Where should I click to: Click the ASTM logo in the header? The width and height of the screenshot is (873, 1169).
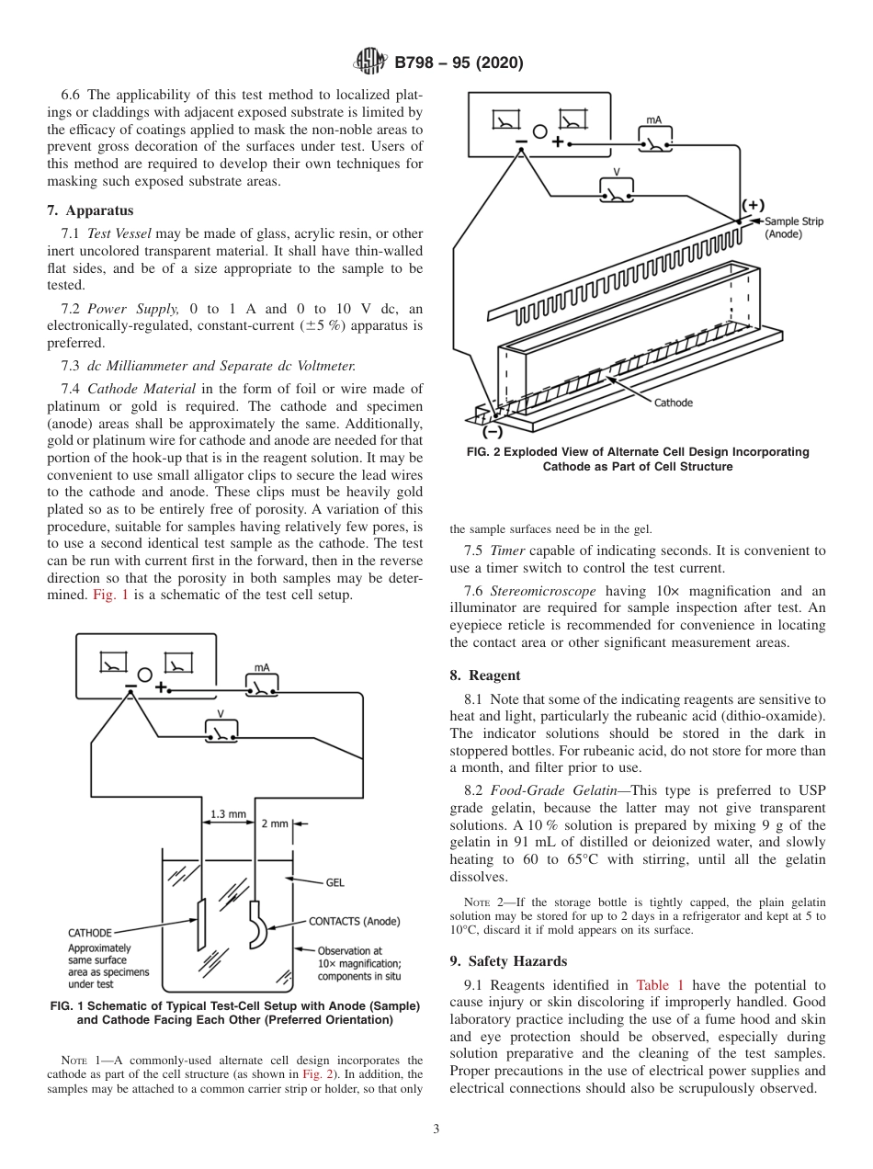[370, 62]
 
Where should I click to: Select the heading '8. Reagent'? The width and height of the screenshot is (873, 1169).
[484, 675]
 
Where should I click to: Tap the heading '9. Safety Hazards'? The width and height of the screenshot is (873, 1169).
[508, 961]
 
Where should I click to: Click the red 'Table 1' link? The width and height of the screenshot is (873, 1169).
[659, 984]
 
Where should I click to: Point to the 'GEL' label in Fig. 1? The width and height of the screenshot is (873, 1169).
[334, 882]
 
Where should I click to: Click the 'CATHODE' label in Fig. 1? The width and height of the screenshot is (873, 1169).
[90, 932]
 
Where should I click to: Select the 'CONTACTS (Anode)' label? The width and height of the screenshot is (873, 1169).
[355, 921]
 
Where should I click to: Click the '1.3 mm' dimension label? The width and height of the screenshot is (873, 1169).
[228, 814]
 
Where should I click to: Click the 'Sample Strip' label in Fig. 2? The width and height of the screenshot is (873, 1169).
[794, 221]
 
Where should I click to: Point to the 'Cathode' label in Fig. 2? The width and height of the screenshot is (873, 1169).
[673, 403]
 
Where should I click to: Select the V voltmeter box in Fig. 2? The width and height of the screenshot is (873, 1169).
[616, 190]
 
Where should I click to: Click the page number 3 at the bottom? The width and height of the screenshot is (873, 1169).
[436, 1129]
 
